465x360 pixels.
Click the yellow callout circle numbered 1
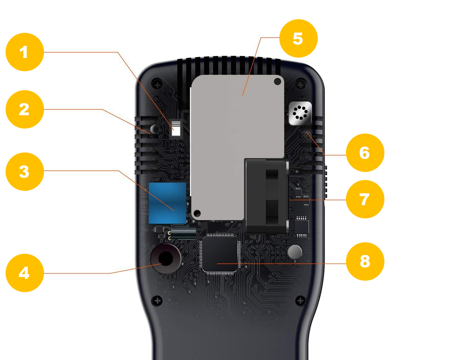pyautogui.click(x=25, y=52)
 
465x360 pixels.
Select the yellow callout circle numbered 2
pyautogui.click(x=25, y=109)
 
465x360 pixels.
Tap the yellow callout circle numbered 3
pyautogui.click(x=25, y=171)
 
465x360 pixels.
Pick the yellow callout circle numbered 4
pyautogui.click(x=25, y=273)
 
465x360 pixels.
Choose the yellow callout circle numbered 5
pyautogui.click(x=298, y=38)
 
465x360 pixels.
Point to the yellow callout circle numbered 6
pyautogui.click(x=365, y=153)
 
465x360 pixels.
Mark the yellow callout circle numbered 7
pyautogui.click(x=365, y=199)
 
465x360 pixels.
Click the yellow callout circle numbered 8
pyautogui.click(x=365, y=261)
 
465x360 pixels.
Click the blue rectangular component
pyautogui.click(x=167, y=203)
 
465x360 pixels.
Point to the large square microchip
pyautogui.click(x=220, y=254)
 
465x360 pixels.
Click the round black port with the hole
pyautogui.click(x=166, y=258)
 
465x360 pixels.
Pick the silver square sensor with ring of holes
pyautogui.click(x=300, y=113)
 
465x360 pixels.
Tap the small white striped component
pyautogui.click(x=176, y=129)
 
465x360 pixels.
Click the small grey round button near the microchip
pyautogui.click(x=294, y=252)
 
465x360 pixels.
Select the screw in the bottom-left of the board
pyautogui.click(x=157, y=301)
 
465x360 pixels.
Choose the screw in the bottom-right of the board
pyautogui.click(x=300, y=301)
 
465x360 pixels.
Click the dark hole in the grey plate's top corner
pyautogui.click(x=277, y=81)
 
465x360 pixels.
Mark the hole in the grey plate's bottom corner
pyautogui.click(x=197, y=213)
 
